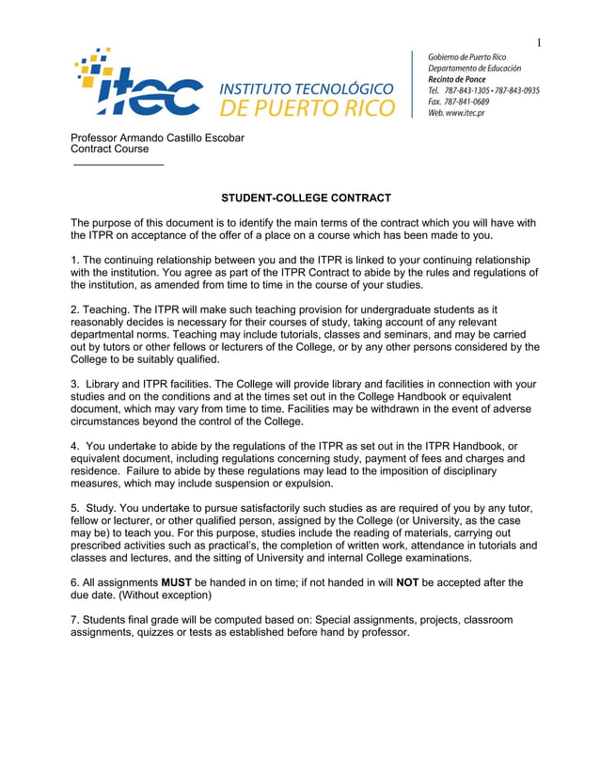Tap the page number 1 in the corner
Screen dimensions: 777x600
click(x=540, y=41)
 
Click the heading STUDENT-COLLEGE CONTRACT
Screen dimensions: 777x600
click(x=306, y=198)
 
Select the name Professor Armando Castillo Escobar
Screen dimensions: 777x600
click(x=158, y=138)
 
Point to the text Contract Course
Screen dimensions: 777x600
click(x=110, y=149)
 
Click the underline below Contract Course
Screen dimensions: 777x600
click(x=118, y=166)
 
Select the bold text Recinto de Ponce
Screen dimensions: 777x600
click(x=457, y=79)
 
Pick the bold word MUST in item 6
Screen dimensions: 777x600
click(x=177, y=582)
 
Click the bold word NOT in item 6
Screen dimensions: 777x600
click(x=407, y=582)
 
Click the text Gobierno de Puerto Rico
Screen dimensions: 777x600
click(x=466, y=56)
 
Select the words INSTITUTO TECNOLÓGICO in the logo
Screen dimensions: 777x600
click(x=307, y=88)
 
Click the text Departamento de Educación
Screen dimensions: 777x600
click(x=474, y=68)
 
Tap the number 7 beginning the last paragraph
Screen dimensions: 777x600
click(x=74, y=620)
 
